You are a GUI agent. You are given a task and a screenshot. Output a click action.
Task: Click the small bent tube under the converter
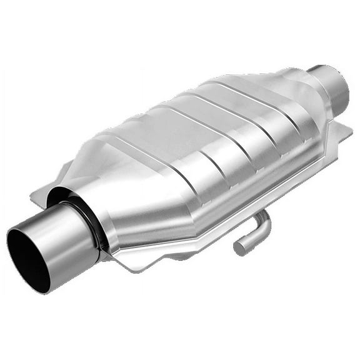(253, 231)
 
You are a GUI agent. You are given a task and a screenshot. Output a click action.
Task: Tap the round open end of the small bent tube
(239, 248)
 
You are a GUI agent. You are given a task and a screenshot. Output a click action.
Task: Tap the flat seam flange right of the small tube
(294, 191)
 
